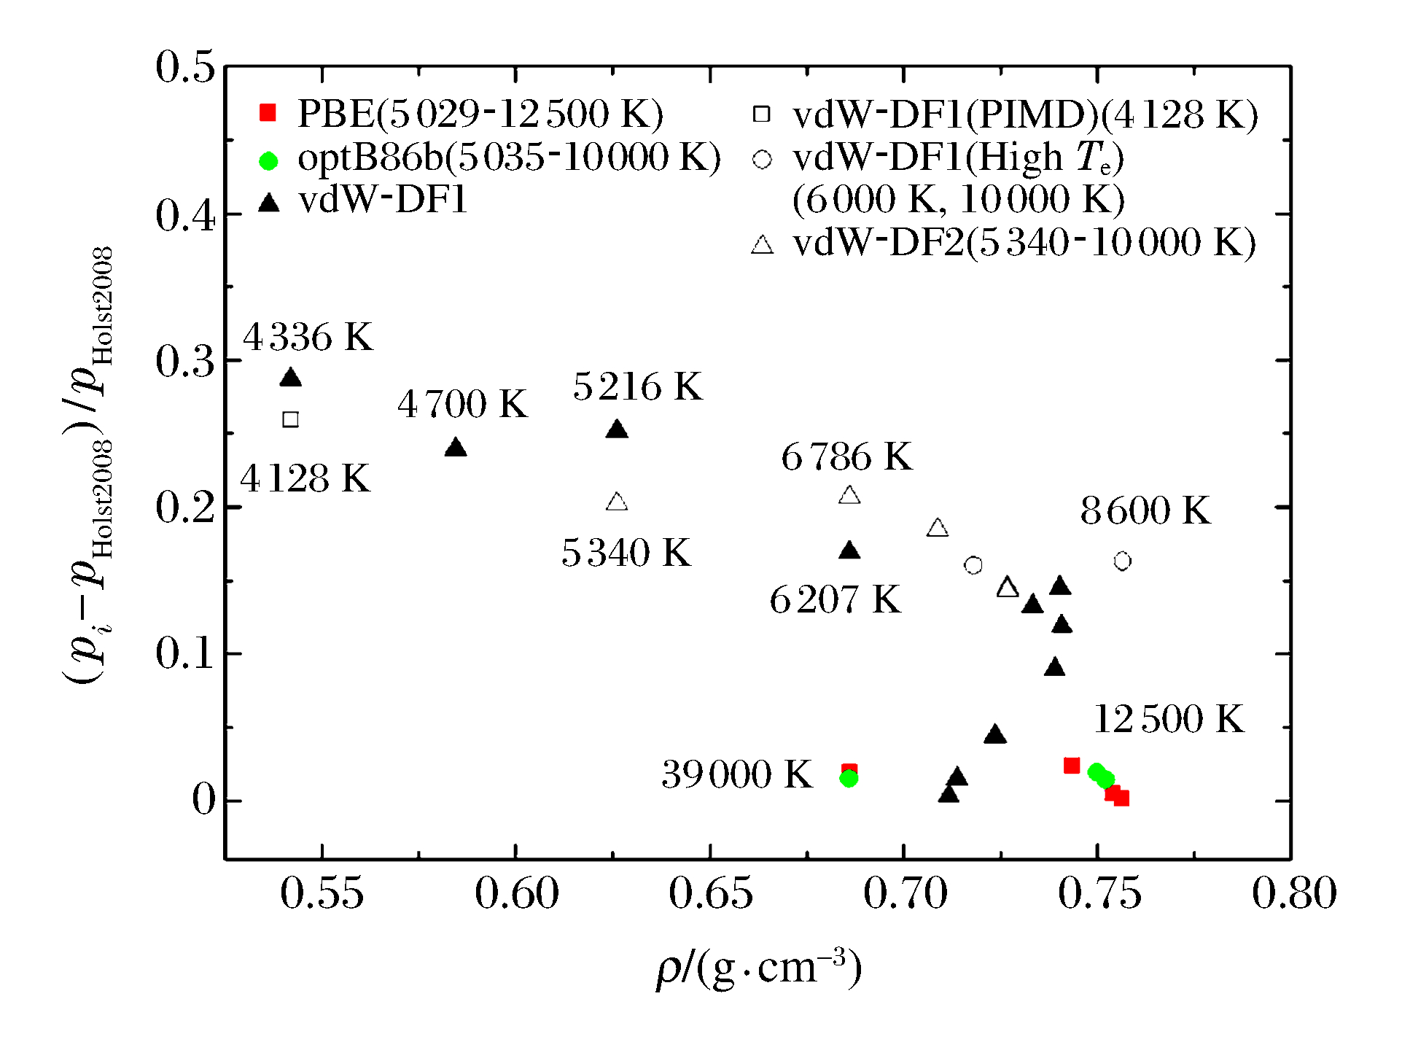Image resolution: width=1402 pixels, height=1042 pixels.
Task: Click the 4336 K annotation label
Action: click(x=308, y=338)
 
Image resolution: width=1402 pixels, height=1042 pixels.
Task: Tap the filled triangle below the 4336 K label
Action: click(x=290, y=378)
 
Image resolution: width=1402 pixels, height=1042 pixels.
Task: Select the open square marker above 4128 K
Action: click(x=290, y=419)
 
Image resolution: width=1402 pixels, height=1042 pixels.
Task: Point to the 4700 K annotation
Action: click(x=462, y=404)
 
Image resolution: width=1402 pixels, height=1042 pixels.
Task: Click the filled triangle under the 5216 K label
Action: click(x=617, y=429)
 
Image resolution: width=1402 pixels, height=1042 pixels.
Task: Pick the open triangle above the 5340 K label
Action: click(x=617, y=502)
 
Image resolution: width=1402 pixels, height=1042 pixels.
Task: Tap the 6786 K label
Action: click(x=846, y=457)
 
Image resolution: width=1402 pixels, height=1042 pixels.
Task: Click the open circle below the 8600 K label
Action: click(x=1122, y=561)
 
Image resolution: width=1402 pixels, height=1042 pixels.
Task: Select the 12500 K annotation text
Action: click(x=1169, y=719)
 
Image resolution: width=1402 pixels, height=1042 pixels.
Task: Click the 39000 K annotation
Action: click(x=736, y=774)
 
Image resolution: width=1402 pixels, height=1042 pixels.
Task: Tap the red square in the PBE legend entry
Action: click(x=268, y=113)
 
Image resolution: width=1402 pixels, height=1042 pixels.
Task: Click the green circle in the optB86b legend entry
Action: click(x=268, y=160)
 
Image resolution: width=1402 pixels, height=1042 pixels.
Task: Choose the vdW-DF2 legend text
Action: click(x=1024, y=243)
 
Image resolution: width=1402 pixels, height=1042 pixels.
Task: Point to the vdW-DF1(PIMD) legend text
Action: click(x=1025, y=114)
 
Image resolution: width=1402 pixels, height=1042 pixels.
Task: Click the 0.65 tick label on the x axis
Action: click(x=710, y=893)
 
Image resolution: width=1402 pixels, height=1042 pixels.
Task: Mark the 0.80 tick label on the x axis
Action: click(x=1294, y=893)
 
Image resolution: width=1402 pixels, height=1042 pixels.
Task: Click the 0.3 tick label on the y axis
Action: click(x=185, y=361)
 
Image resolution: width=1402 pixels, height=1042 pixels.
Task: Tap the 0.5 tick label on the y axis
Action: click(x=185, y=67)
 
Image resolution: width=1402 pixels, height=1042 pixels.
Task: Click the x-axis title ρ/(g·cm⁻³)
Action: click(x=758, y=968)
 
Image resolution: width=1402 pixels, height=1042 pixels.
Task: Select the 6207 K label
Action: click(x=835, y=600)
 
